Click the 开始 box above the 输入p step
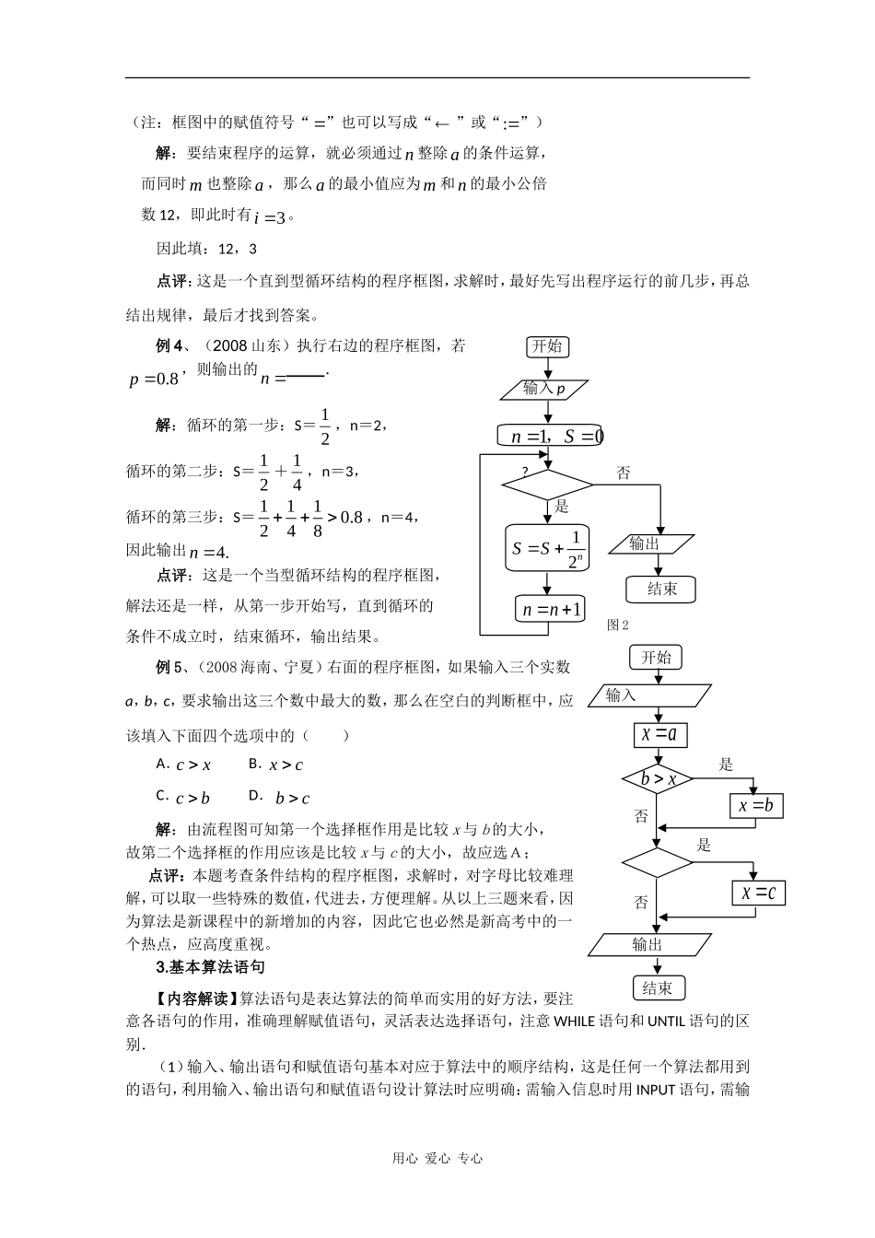[x=547, y=346]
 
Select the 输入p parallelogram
[x=545, y=389]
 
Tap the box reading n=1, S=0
[x=551, y=436]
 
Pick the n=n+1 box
[x=550, y=609]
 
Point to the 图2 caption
[x=617, y=625]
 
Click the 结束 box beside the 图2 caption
[x=661, y=590]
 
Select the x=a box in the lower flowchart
[x=659, y=734]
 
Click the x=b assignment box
[x=755, y=807]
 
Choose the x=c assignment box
[x=758, y=892]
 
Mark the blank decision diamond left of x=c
[x=657, y=863]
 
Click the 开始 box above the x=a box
[x=657, y=658]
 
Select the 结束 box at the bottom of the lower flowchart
[x=658, y=988]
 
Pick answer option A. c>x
[x=184, y=765]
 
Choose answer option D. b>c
[x=280, y=798]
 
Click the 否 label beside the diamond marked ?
[x=624, y=473]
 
